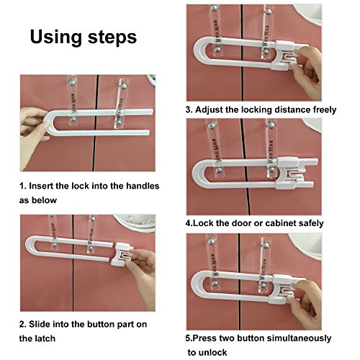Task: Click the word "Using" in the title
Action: coord(56,37)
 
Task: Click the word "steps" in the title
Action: coord(112,37)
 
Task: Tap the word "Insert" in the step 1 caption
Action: coord(41,186)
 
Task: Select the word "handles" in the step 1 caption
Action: coord(143,186)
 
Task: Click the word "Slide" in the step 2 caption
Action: coord(40,324)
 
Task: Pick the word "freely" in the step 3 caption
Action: coord(325,109)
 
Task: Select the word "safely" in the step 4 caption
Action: coord(311,223)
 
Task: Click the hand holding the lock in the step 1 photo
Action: coord(34,135)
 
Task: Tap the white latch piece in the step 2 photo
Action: coord(122,254)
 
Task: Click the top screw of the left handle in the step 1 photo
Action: coord(72,83)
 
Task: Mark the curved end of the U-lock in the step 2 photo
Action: coord(30,247)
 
